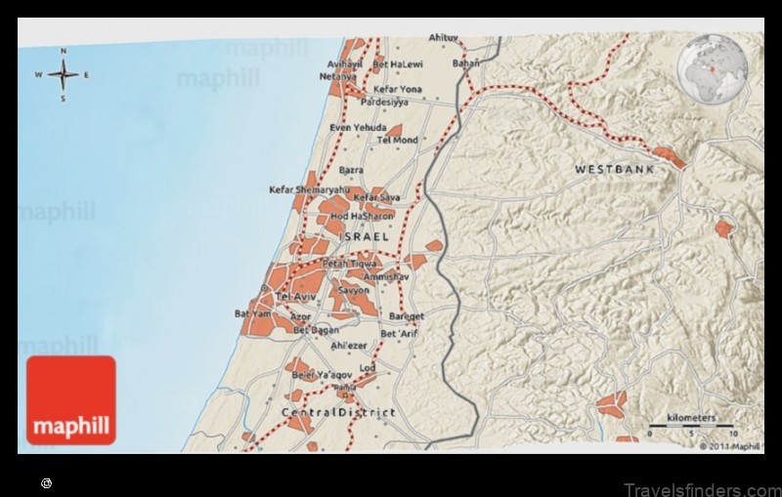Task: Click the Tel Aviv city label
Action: (296, 296)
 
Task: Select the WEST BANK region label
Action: (613, 169)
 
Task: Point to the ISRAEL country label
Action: (364, 237)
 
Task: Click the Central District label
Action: (338, 413)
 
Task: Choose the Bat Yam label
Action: (251, 313)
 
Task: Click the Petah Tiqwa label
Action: (348, 264)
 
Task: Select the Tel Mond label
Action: (397, 141)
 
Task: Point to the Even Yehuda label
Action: (359, 128)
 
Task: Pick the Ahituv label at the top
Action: (444, 38)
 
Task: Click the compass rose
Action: (63, 74)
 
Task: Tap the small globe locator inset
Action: (713, 69)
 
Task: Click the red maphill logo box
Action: (70, 400)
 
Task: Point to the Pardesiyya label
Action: (384, 102)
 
